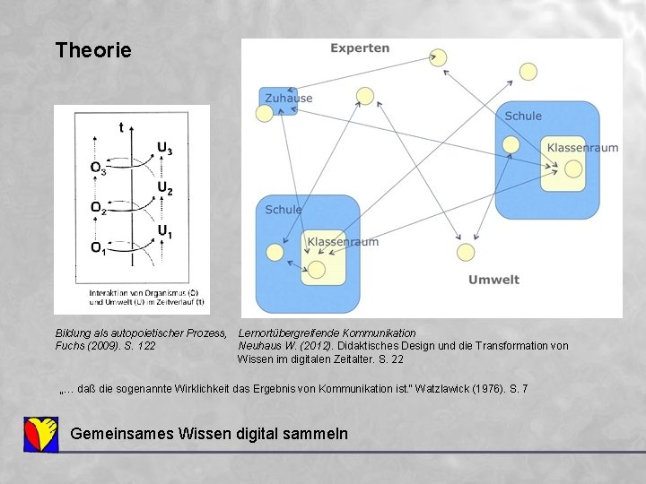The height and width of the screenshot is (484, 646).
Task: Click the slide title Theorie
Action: [x=93, y=50]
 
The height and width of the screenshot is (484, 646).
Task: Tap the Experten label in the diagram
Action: [x=360, y=48]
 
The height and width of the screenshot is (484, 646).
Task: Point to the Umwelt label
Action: [x=493, y=280]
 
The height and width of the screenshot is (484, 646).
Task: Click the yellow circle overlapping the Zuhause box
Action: [x=265, y=113]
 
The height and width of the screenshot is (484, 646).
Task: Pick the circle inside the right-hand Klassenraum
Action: [x=573, y=169]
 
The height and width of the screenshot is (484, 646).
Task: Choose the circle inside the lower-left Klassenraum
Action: [x=317, y=269]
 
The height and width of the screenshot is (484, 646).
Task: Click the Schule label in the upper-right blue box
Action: [x=523, y=116]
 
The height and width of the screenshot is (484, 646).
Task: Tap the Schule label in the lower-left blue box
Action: [x=284, y=210]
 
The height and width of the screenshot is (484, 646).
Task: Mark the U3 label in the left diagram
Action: [x=165, y=149]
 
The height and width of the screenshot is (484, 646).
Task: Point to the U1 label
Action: [x=165, y=232]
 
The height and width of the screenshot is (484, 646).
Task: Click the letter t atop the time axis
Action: [x=122, y=128]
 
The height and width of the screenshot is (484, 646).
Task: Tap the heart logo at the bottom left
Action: [x=40, y=434]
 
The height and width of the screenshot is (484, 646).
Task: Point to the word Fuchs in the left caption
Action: [x=71, y=346]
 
